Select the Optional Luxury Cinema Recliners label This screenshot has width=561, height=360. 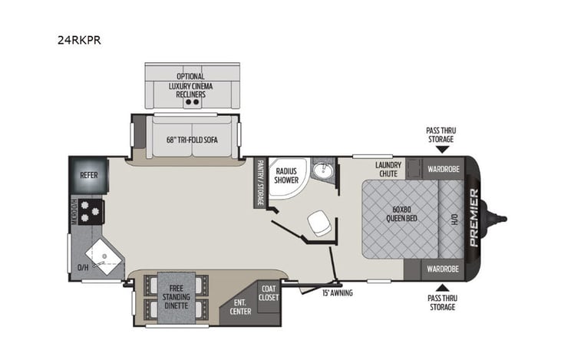(x=190, y=85)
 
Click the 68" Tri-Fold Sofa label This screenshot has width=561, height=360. (x=188, y=140)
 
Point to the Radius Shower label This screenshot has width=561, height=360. (x=286, y=174)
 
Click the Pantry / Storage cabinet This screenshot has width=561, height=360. (x=260, y=183)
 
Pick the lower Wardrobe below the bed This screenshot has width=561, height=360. (x=442, y=269)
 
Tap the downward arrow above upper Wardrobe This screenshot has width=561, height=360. (x=441, y=149)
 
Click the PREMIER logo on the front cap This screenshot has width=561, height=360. (x=474, y=218)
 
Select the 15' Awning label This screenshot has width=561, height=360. (x=335, y=291)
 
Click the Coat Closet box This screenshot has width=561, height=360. (x=268, y=293)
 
